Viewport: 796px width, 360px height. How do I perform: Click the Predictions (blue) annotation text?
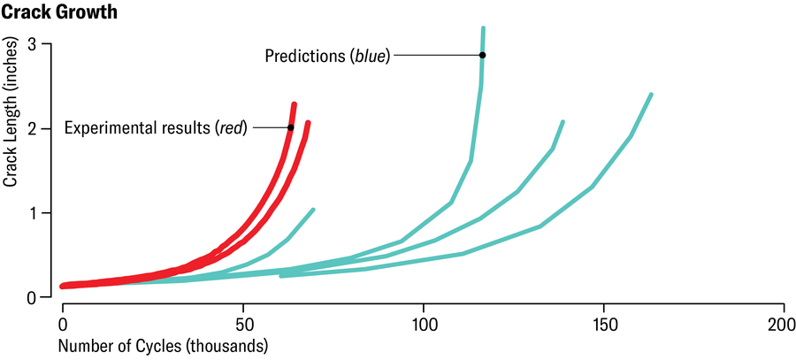[327, 56]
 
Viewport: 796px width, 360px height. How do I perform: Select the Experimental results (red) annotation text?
[156, 127]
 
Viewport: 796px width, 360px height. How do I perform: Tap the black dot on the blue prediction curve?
[482, 55]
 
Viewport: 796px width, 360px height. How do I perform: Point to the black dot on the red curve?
[290, 127]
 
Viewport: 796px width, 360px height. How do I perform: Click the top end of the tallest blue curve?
[483, 29]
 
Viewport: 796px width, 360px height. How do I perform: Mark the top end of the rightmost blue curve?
[651, 95]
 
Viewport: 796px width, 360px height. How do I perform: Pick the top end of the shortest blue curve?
[313, 210]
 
